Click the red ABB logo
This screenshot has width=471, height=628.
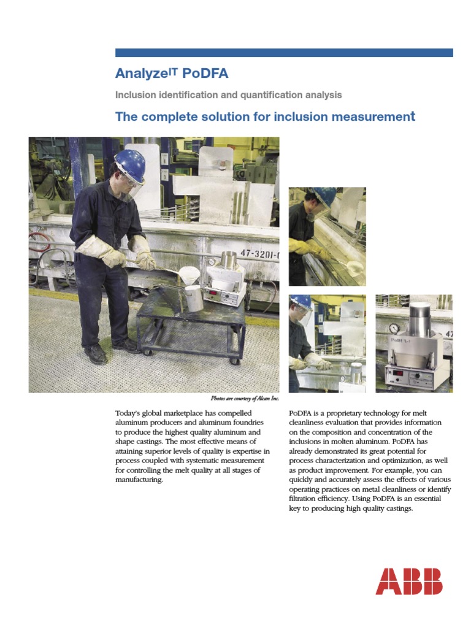[408, 581]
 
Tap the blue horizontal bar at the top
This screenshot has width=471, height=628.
[284, 53]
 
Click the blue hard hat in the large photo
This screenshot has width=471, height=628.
[131, 164]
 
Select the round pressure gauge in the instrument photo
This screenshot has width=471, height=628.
[394, 329]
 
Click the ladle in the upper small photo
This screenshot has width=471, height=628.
[354, 267]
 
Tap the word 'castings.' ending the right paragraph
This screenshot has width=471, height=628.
[397, 508]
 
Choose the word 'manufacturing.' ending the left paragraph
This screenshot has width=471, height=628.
[139, 480]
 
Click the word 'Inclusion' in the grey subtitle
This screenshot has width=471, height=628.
[134, 95]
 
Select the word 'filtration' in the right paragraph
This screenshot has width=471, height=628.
[304, 499]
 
